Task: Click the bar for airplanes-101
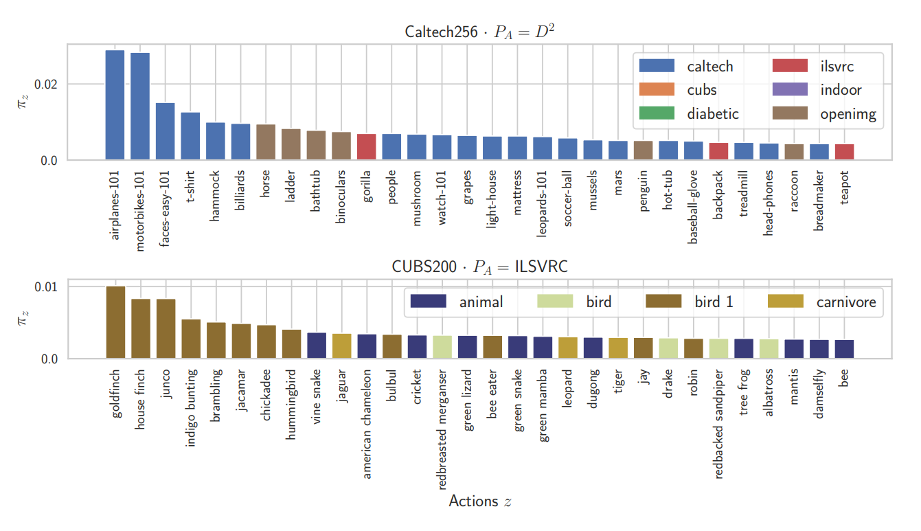pos(115,105)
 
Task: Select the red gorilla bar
pos(366,146)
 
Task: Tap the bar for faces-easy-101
pos(165,131)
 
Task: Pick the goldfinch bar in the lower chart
pos(115,322)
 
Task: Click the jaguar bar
pos(341,346)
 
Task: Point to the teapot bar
pos(844,152)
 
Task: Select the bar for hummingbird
pos(291,344)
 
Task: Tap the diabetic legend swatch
pos(657,114)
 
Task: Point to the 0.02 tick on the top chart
pos(45,84)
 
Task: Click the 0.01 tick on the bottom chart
pos(45,286)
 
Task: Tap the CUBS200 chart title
pos(479,267)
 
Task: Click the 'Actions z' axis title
pos(479,501)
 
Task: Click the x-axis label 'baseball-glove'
pos(693,207)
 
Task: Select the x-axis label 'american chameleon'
pos(367,424)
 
